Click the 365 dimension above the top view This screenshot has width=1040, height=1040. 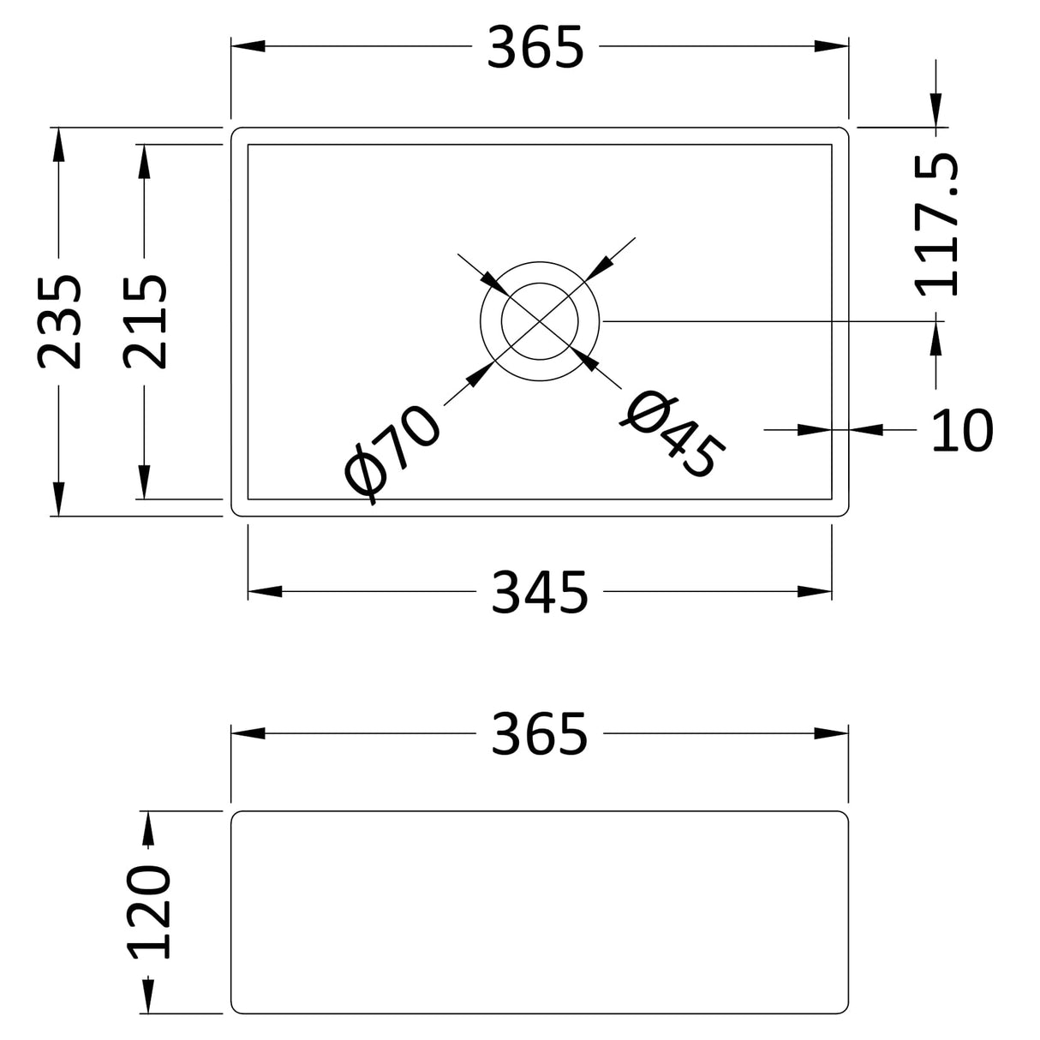click(x=535, y=48)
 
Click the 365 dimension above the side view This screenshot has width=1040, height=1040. click(x=540, y=734)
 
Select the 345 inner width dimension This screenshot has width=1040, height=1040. click(x=540, y=592)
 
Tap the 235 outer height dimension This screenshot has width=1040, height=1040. click(x=61, y=321)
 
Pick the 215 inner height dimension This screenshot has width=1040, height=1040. click(x=145, y=321)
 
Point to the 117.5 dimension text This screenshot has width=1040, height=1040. click(x=937, y=225)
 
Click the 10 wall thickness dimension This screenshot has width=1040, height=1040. click(x=962, y=430)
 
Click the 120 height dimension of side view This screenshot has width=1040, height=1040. click(x=150, y=911)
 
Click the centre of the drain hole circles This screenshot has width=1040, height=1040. click(x=540, y=321)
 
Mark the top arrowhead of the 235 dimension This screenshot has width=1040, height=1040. click(x=58, y=144)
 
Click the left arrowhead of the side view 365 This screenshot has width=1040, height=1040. click(x=248, y=733)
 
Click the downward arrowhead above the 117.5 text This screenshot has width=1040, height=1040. click(x=936, y=111)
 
